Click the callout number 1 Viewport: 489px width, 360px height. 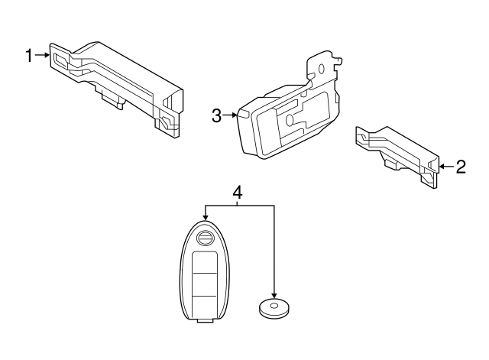tap(29, 55)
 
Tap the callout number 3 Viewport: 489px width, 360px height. tap(216, 115)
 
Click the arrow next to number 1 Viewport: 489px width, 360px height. tap(43, 55)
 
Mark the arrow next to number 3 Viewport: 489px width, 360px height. tap(231, 115)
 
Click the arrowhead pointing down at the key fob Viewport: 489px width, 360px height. tap(206, 220)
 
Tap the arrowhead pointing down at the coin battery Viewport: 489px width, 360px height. tap(273, 293)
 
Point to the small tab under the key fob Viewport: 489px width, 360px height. tap(204, 323)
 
